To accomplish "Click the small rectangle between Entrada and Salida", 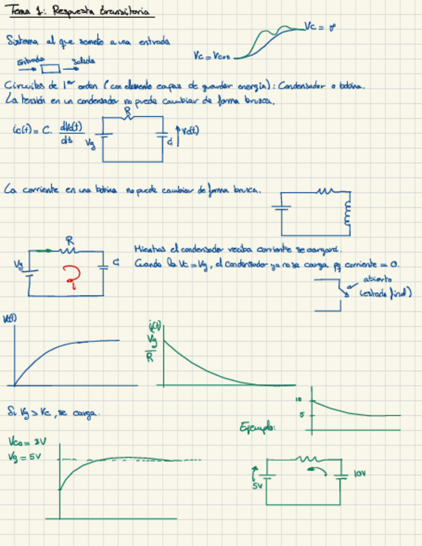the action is click(51, 68).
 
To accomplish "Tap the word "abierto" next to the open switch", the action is click(378, 280).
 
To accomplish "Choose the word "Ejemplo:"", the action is click(257, 426).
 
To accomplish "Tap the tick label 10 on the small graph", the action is click(298, 399).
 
